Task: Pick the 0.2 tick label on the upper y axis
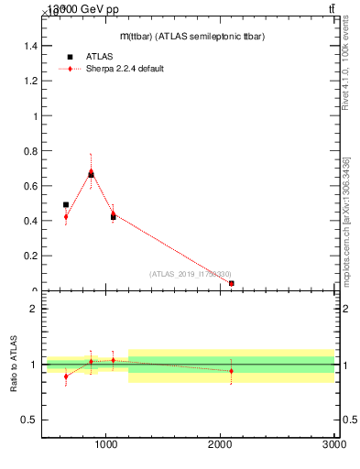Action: pyautogui.click(x=30, y=256)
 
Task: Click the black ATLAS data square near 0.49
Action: pyautogui.click(x=66, y=205)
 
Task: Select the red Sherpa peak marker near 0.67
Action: pyautogui.click(x=91, y=172)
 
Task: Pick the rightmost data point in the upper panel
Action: pyautogui.click(x=232, y=284)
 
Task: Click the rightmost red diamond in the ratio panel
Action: pyautogui.click(x=232, y=371)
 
